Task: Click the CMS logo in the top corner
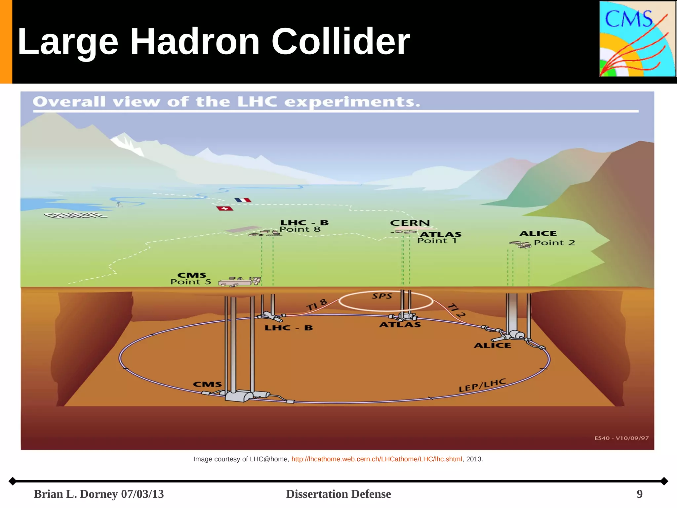[637, 39]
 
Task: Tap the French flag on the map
[243, 200]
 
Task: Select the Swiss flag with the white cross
[225, 208]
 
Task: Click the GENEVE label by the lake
[76, 215]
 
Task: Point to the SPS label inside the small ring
[382, 296]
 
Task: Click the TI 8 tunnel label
[317, 304]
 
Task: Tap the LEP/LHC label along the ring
[482, 385]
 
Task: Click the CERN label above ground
[410, 223]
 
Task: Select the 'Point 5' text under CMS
[190, 282]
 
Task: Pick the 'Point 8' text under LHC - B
[300, 229]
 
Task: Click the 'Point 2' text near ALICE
[554, 243]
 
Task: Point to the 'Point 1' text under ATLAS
[437, 241]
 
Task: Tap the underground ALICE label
[492, 346]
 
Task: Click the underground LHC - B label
[289, 328]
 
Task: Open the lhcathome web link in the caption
[377, 459]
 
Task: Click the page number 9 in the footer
[640, 494]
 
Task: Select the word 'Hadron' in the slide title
[195, 42]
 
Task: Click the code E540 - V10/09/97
[621, 438]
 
